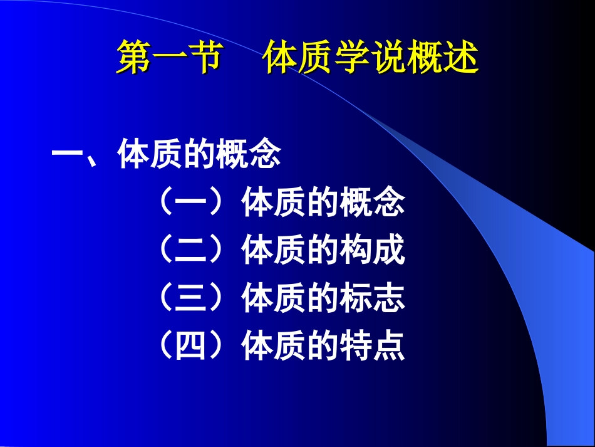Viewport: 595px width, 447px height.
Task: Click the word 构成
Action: click(373, 251)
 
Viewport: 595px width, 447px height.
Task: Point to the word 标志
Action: click(373, 298)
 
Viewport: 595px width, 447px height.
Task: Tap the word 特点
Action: click(373, 346)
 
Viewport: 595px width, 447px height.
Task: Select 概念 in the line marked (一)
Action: click(373, 203)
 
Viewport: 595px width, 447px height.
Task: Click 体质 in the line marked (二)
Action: click(274, 251)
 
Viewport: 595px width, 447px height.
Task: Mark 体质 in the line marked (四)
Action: click(274, 346)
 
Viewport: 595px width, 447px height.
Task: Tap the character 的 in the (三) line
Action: click(323, 298)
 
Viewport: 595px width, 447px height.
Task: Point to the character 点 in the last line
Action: click(389, 346)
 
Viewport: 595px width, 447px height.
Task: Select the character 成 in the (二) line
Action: click(389, 251)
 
